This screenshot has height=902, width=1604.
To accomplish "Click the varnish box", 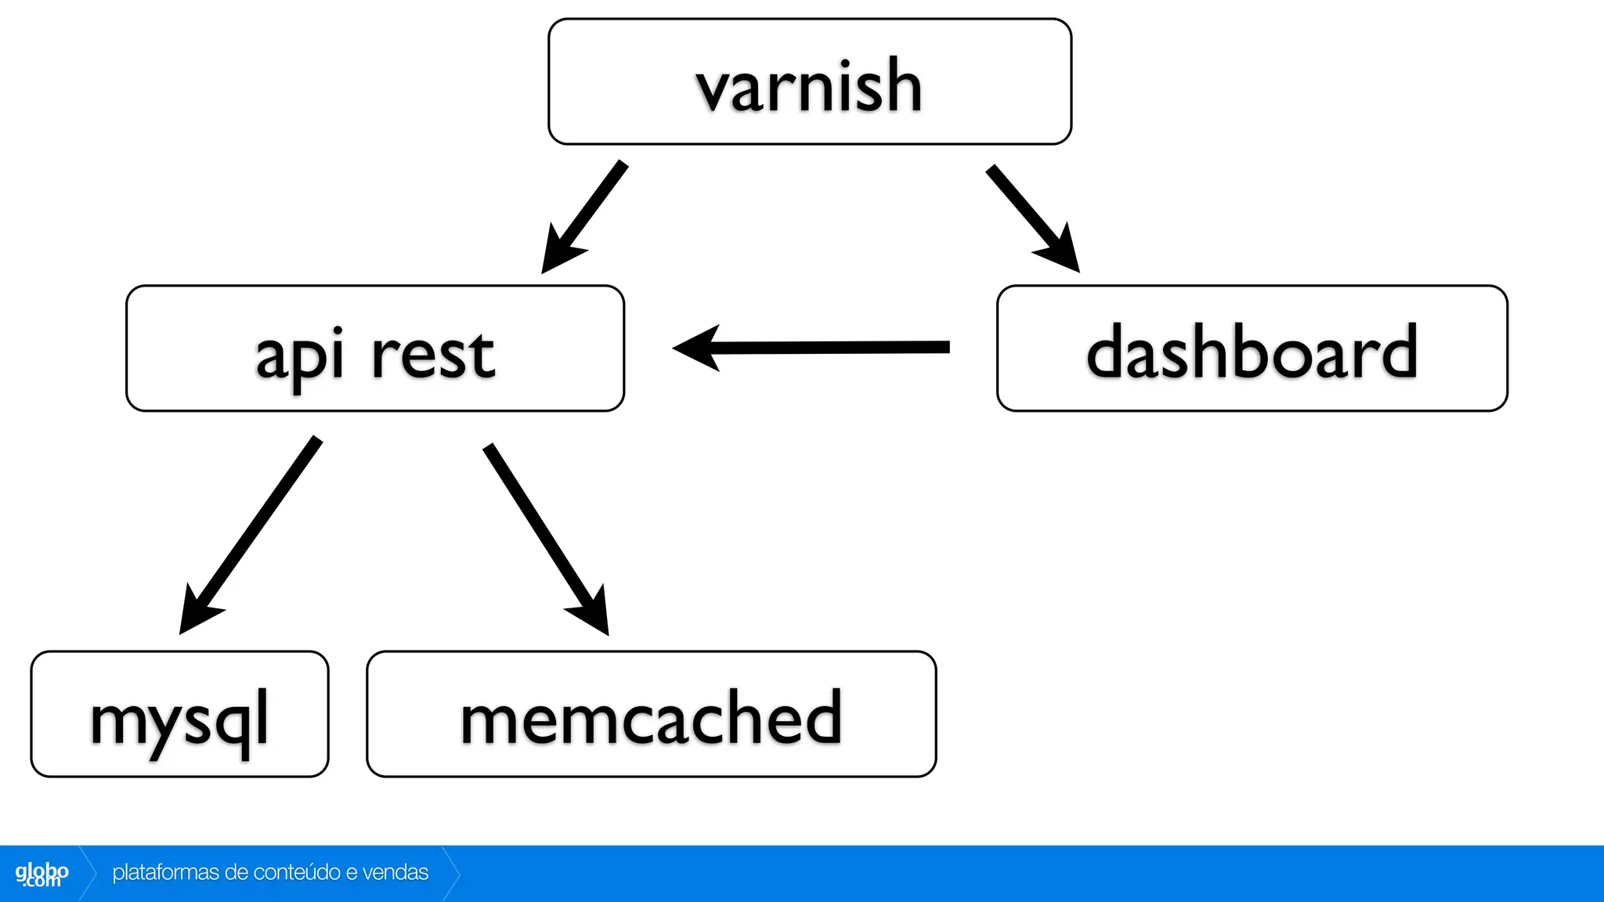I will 809,82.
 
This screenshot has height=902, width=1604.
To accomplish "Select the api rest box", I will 374,348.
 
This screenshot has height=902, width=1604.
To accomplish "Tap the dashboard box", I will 1252,348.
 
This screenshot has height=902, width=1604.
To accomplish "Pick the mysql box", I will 179,714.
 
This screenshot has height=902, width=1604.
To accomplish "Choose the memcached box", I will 651,714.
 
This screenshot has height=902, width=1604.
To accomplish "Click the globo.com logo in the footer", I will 42,874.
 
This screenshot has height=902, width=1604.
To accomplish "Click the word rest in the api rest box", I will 432,354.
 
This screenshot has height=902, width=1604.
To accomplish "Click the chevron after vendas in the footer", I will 451,873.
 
